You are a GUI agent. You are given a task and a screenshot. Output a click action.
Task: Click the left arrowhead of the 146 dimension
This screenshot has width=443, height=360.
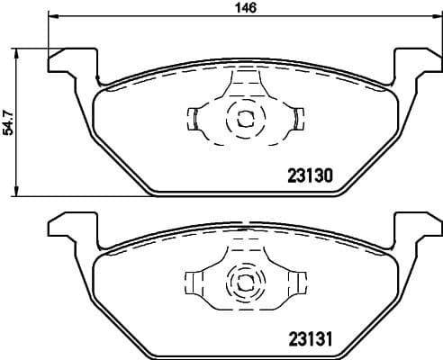click(52, 16)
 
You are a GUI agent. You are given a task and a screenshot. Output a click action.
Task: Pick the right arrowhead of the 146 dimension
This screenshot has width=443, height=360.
click(436, 16)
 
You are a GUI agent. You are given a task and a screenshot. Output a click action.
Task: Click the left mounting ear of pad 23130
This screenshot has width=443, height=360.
click(68, 63)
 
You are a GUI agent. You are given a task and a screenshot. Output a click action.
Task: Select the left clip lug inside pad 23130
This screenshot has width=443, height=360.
click(194, 117)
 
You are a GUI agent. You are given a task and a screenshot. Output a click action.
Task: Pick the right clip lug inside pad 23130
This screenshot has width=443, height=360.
click(296, 117)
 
